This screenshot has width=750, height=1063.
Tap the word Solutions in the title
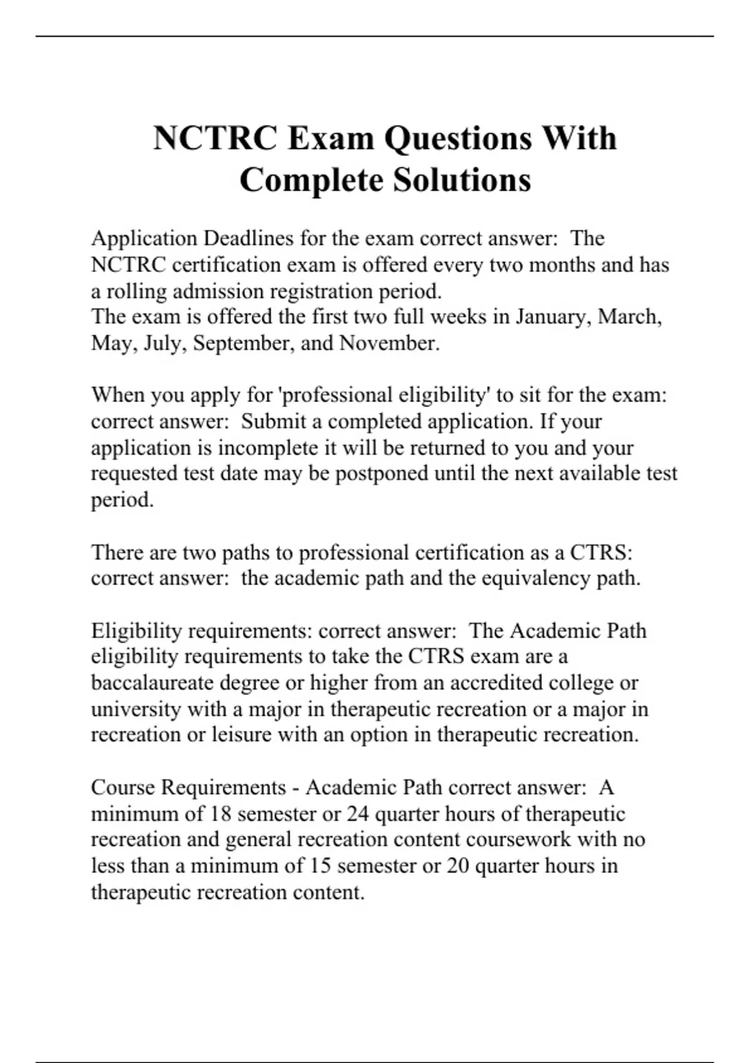tap(462, 180)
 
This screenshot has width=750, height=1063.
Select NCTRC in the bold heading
tap(215, 139)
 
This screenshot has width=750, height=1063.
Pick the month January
tap(552, 317)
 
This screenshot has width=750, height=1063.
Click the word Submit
tap(272, 421)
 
